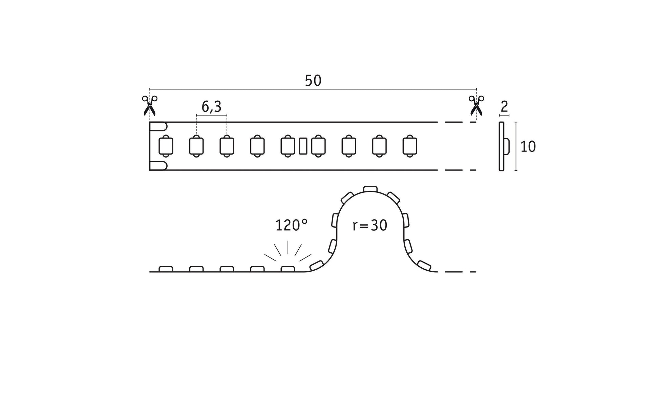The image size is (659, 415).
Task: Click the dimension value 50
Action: click(313, 81)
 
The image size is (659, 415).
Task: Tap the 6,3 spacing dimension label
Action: click(211, 107)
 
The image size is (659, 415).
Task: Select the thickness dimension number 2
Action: click(504, 107)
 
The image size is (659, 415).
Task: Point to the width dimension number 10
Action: click(528, 147)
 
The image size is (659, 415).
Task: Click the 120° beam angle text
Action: click(292, 225)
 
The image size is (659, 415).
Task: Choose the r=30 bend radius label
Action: click(370, 225)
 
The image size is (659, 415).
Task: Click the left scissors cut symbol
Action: click(149, 105)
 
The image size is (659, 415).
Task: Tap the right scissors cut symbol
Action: click(476, 105)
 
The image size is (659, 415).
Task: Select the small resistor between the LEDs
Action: click(303, 146)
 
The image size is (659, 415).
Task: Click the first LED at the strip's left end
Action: click(166, 146)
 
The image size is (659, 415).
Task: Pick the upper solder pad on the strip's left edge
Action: click(158, 126)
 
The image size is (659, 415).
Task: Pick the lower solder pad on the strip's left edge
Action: click(158, 166)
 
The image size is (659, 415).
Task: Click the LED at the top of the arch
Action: click(370, 189)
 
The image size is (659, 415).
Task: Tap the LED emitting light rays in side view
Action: click(288, 269)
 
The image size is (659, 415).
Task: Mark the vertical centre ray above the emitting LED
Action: click(288, 247)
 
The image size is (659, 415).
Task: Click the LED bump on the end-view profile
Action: click(507, 146)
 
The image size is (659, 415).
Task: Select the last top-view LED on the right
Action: click(410, 146)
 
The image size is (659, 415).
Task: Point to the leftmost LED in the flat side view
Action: click(166, 269)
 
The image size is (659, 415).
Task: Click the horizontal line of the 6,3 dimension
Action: click(212, 115)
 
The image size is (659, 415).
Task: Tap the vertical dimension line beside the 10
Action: click(516, 146)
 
